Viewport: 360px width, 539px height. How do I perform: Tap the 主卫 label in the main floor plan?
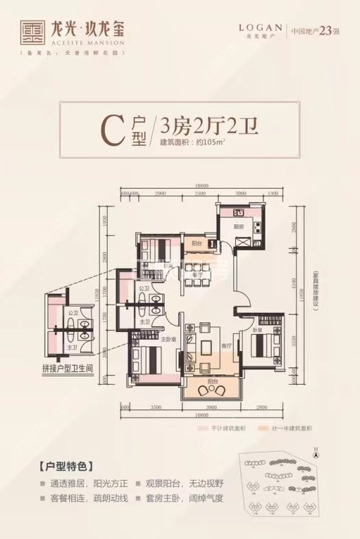point(144,322)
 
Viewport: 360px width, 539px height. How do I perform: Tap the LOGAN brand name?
point(260,28)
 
